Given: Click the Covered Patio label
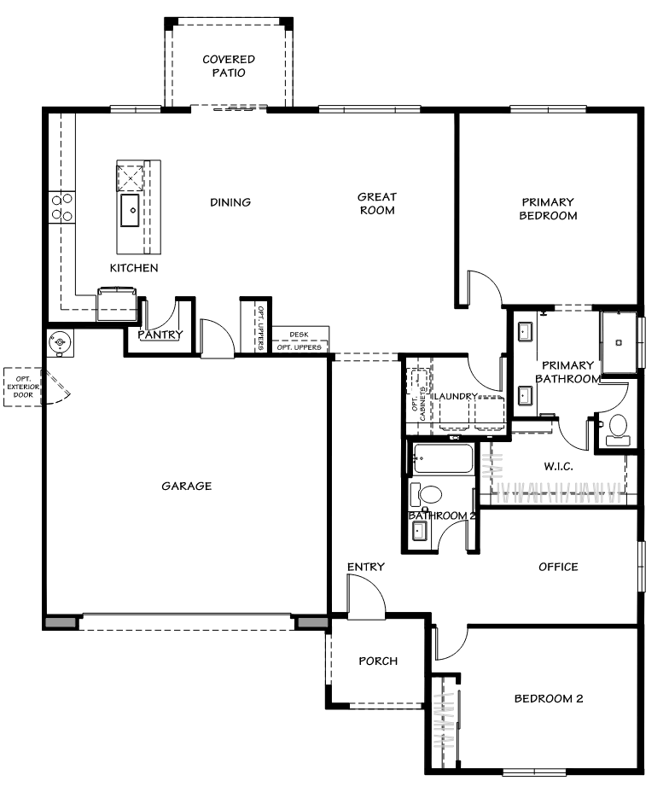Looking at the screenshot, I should (x=229, y=66).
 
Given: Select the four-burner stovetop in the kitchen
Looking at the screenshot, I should (x=61, y=205).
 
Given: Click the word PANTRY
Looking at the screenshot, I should (x=160, y=335).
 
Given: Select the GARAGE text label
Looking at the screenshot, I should (x=186, y=486).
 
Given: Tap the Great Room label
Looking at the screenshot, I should (x=376, y=203).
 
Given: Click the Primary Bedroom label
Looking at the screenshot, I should (x=549, y=209).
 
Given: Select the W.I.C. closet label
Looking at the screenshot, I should (x=558, y=467).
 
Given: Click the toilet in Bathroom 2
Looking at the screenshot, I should (x=428, y=494).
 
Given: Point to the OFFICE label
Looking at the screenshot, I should (x=558, y=567).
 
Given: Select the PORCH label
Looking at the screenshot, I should (x=377, y=661).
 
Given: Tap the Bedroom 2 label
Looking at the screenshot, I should (x=548, y=698).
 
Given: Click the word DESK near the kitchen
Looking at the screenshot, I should (x=298, y=335).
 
